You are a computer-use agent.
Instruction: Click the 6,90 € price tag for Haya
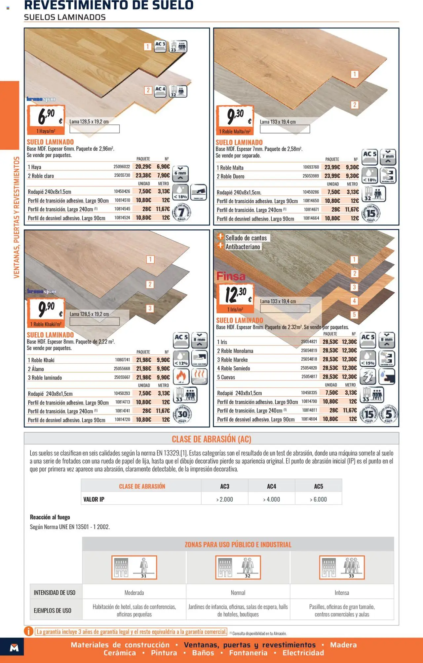(46, 116)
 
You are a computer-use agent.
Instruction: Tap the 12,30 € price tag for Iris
(235, 295)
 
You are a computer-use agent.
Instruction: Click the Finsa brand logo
(231, 276)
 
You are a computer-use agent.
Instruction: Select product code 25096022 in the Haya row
(122, 167)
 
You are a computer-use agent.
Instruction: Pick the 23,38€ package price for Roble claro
(143, 176)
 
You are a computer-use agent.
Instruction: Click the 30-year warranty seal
(182, 414)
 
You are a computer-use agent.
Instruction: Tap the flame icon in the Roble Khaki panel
(181, 376)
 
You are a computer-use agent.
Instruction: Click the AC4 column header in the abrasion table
(271, 486)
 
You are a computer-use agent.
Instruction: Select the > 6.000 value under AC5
(318, 499)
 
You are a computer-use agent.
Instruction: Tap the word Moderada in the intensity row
(134, 593)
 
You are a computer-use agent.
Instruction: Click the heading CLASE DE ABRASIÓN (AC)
(211, 439)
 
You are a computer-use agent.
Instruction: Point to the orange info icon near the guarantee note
(29, 631)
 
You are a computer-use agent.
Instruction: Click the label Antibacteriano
(243, 247)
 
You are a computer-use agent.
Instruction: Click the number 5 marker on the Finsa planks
(354, 315)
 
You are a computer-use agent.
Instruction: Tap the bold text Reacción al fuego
(50, 517)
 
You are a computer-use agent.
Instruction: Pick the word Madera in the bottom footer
(343, 645)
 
